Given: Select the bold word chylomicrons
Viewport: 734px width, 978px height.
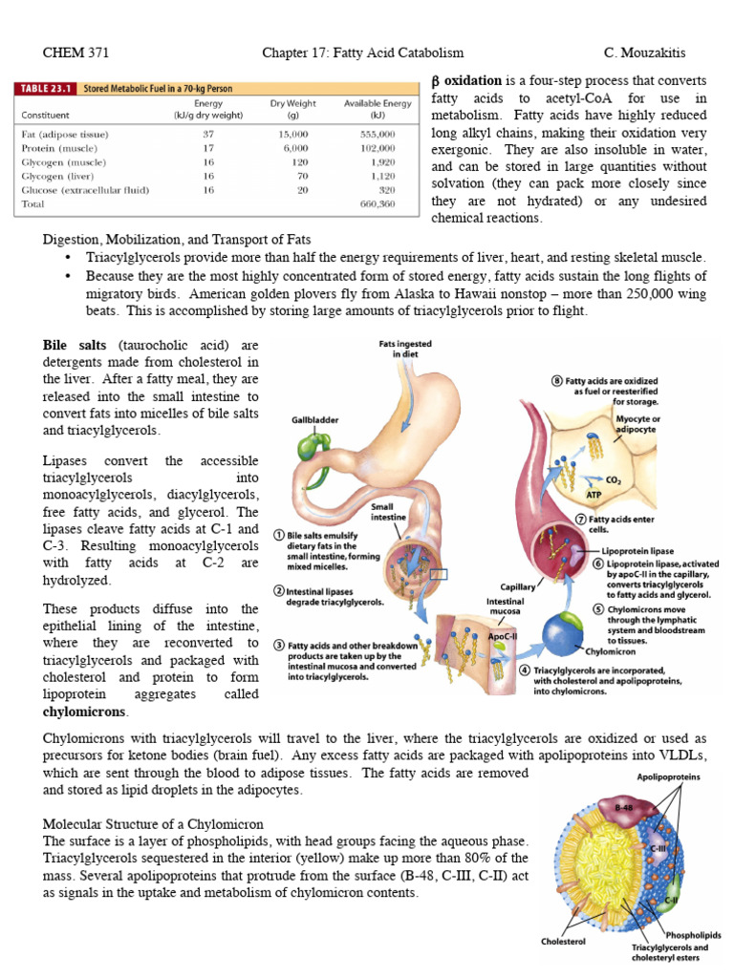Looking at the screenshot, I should tap(85, 712).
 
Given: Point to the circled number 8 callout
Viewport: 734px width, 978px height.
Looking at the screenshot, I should tap(557, 381).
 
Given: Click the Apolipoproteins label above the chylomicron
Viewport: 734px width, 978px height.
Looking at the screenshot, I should tap(668, 777).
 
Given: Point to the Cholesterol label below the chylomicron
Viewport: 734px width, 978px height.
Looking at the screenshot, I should tap(564, 940).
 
